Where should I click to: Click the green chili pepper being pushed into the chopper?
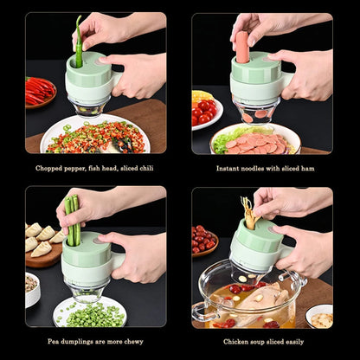[x=78, y=42]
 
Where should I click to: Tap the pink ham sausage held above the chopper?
[x=242, y=48]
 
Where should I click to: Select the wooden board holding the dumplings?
[x=42, y=253]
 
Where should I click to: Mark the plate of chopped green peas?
[x=90, y=312]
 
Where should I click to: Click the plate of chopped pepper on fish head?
[x=95, y=137]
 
